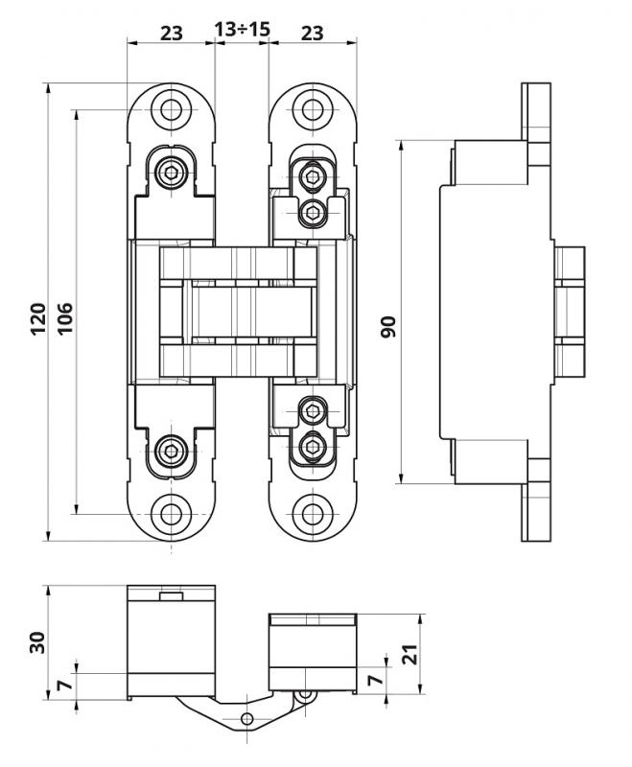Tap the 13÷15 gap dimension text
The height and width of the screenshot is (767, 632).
pos(242,30)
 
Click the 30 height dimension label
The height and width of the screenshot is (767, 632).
pos(36,641)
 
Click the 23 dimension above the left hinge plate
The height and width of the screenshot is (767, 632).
pos(171,32)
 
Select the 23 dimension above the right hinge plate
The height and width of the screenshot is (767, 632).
pos(312,32)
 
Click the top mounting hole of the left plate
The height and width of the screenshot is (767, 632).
pos(171,109)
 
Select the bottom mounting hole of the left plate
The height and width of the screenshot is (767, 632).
pos(171,513)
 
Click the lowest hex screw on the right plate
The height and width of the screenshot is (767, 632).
pos(312,446)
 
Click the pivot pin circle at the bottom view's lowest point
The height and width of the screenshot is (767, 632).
pos(246,718)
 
